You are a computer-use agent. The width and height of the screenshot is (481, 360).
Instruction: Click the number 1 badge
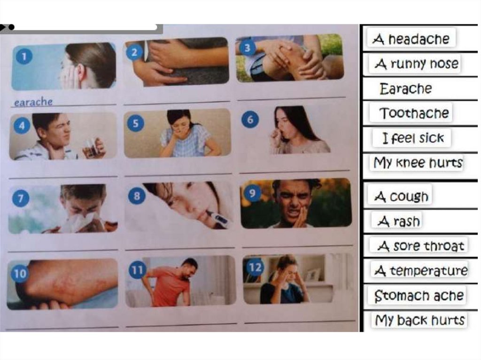(24, 56)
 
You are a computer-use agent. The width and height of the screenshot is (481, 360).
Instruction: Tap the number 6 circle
(250, 119)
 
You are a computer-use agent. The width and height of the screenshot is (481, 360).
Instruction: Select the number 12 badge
(255, 268)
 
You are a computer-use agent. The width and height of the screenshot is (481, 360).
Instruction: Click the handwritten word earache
(33, 102)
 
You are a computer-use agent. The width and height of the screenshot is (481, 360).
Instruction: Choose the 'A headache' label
(411, 38)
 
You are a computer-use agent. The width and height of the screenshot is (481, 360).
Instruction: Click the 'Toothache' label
(414, 113)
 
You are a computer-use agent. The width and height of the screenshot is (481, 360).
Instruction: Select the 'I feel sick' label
(412, 138)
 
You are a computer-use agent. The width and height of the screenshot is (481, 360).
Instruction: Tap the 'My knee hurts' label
(418, 162)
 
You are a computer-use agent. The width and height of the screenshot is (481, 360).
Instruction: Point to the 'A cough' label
(401, 196)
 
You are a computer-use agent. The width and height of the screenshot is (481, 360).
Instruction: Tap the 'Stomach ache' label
(419, 296)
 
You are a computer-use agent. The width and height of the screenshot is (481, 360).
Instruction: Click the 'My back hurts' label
(419, 320)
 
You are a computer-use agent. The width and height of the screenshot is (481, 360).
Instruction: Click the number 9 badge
(252, 193)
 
